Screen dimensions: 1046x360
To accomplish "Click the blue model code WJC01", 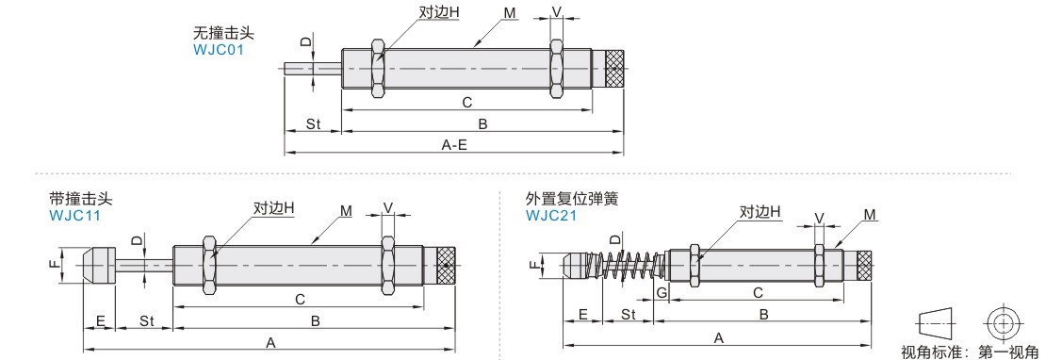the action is click(x=219, y=50).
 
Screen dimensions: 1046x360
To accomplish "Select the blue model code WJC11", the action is click(x=74, y=215).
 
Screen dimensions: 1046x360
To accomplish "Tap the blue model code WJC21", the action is click(x=551, y=215).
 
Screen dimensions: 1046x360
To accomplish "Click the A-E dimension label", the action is click(x=454, y=145).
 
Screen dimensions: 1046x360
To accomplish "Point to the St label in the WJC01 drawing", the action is click(x=313, y=124).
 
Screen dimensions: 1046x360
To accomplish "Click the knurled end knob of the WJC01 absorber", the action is click(x=615, y=70).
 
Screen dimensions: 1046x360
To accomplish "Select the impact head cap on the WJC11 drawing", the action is click(x=99, y=267).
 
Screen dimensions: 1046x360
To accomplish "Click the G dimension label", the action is click(x=662, y=292).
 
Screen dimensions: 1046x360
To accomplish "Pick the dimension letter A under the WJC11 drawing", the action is click(x=270, y=343).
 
